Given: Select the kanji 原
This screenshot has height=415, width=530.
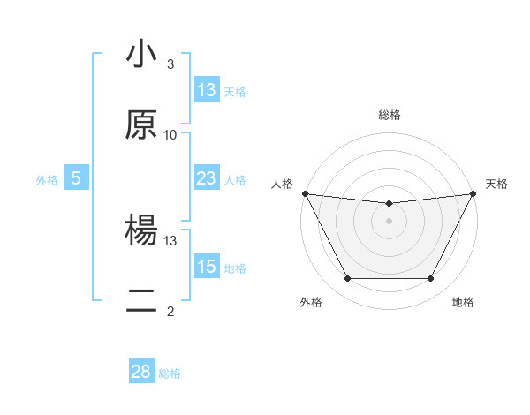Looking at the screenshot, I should pos(141,125).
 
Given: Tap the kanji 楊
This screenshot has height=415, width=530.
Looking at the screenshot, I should pos(141,231).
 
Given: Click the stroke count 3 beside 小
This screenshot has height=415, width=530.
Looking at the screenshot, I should pos(170,64).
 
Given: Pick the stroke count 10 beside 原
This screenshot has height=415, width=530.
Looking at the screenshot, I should pos(170,134).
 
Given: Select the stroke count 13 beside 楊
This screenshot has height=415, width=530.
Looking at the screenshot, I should pos(170,240).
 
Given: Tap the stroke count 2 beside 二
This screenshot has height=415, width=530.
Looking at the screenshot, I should pos(170,311).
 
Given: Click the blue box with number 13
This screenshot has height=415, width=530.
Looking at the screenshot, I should pos(207,90).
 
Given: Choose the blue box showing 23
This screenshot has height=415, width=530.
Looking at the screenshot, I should pos(207,178).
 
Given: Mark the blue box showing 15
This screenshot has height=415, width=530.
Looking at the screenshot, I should pos(207,267).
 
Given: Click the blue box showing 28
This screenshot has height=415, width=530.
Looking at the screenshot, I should pos(141,372).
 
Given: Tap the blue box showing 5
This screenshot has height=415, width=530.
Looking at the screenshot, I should pos(76,178).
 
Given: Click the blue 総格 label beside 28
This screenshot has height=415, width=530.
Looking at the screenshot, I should pos(170,373).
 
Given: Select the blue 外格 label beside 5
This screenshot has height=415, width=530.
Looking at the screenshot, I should pos(47,179).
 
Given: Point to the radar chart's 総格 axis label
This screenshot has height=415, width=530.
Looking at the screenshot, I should pos(390,115).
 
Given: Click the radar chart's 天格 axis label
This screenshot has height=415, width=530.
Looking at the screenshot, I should pos(496,184).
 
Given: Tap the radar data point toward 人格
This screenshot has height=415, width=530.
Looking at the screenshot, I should pos(305,193).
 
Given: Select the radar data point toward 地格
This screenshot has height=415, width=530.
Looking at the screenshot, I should pos(430,279).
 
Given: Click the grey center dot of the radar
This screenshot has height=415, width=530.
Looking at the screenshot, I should pos(390,221).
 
